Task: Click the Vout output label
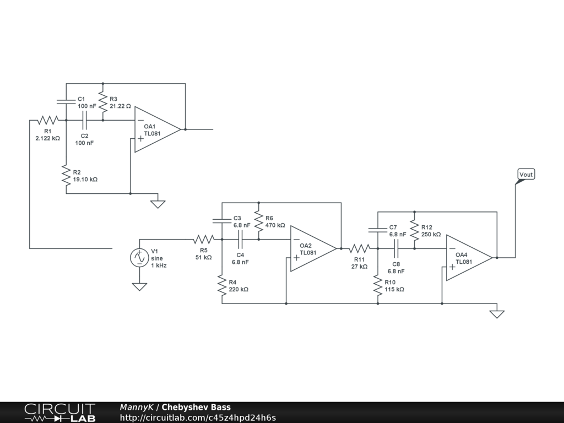coord(526,175)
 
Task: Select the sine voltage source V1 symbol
coord(139,258)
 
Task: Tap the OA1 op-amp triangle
coord(158,129)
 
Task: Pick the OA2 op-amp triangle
coord(313,248)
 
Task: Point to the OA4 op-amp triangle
coord(469,258)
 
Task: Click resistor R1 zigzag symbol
coord(48,120)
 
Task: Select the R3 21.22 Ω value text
coord(120,106)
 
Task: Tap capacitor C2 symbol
coord(84,120)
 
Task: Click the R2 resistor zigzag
coord(66,175)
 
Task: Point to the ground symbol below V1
coord(139,286)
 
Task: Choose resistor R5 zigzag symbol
coord(204,239)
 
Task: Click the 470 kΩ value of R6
coord(275,225)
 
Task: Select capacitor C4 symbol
coord(240,239)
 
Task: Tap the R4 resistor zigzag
coord(222,285)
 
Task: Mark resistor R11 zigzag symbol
coord(359,248)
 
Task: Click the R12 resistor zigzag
coord(414,230)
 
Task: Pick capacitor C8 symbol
coord(396,248)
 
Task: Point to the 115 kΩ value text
coord(394,290)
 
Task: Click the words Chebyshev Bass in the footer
coord(196,407)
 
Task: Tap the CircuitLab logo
coord(60,413)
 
